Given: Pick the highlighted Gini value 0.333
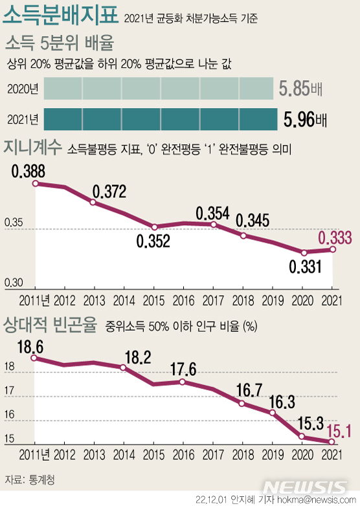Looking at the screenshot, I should coord(334,237).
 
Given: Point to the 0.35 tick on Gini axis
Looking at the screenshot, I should coord(14,224).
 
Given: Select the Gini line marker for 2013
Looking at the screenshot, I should coord(93,203).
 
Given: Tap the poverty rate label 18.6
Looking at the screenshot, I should coord(29,347).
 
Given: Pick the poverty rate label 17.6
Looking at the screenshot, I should coord(183,369).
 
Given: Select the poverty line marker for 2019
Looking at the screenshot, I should coord(273,412).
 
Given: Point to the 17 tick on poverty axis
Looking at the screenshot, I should coord(10,391).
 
